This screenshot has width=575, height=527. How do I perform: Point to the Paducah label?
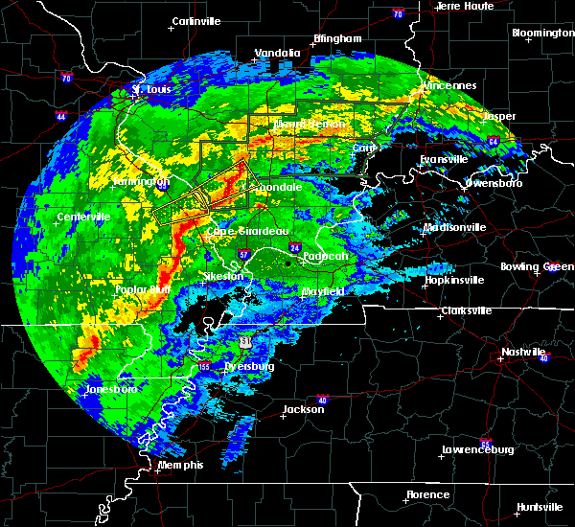pos(326,257)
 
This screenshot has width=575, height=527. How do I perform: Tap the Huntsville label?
pos(540,507)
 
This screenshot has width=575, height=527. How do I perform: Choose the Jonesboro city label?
pos(110,389)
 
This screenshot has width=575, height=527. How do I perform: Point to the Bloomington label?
pos(542,33)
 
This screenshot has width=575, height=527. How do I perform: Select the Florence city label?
pos(427,494)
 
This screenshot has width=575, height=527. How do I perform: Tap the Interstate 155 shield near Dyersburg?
pos(203,366)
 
